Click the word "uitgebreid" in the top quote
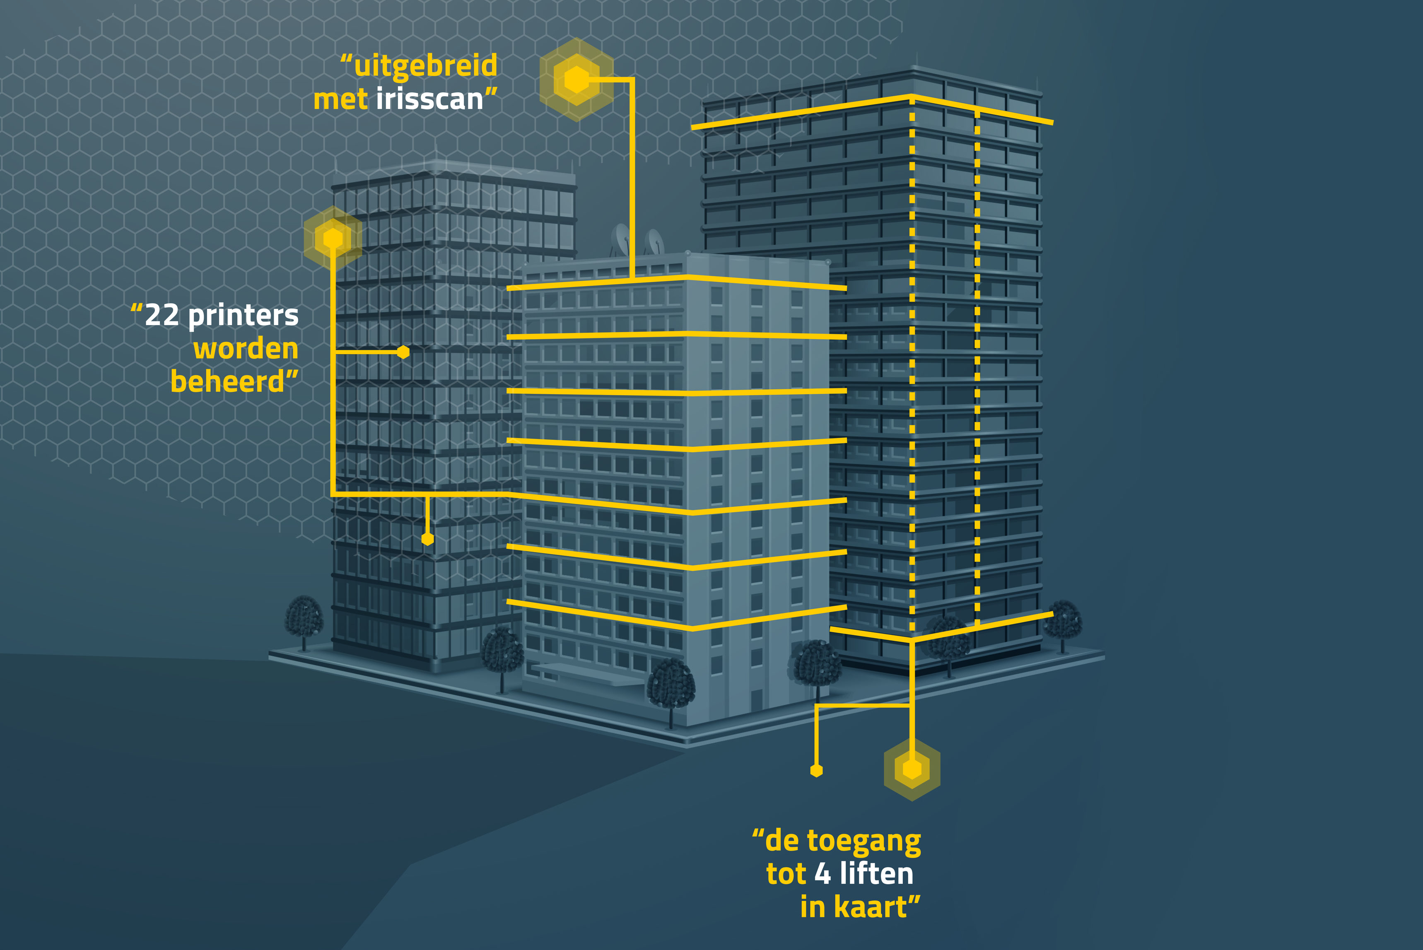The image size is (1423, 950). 425,66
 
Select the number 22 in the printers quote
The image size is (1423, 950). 162,316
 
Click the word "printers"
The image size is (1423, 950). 243,316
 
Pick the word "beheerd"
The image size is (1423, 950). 227,382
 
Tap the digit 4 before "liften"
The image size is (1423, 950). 822,874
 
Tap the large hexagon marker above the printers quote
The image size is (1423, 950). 333,238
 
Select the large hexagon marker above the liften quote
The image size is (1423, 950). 912,769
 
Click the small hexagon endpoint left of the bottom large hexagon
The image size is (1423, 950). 817,771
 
